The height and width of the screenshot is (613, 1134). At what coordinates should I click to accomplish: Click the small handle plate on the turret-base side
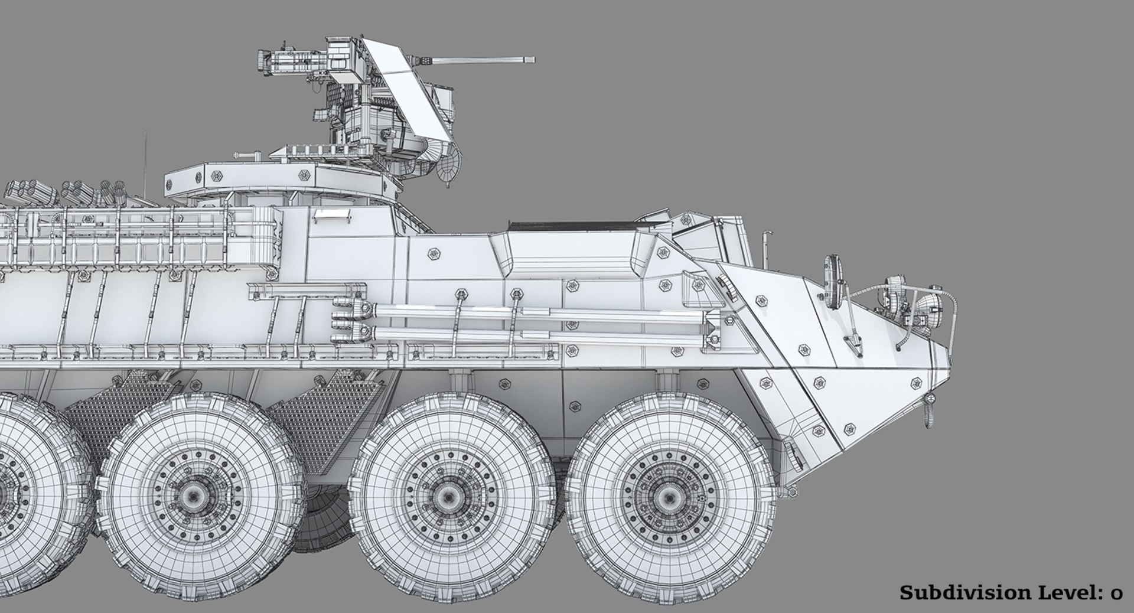[x=327, y=214]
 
